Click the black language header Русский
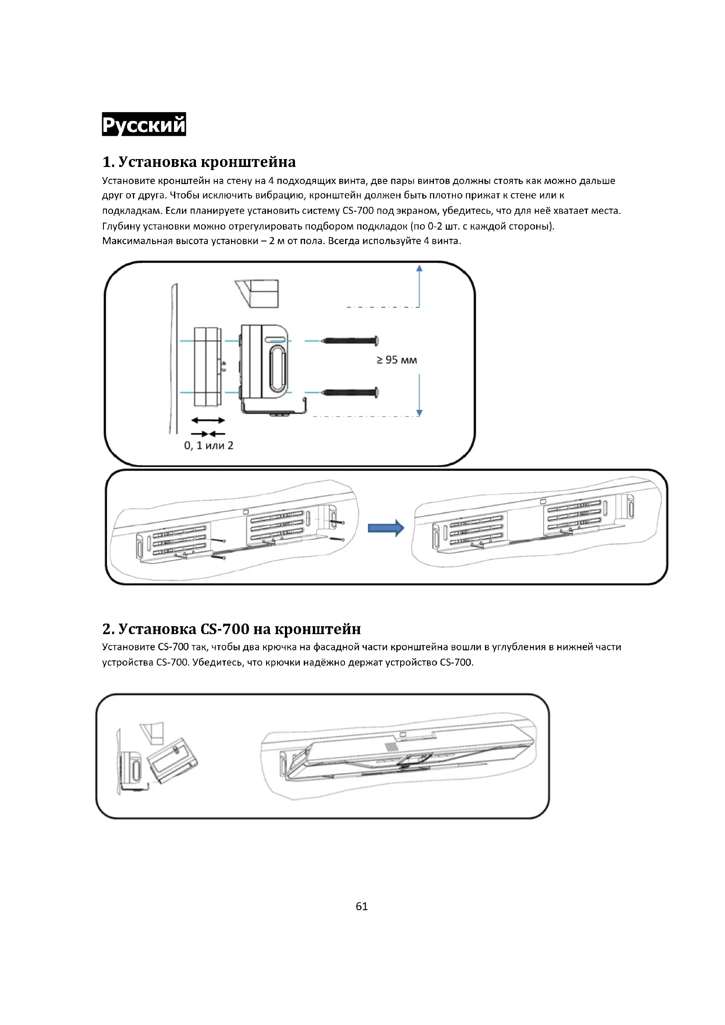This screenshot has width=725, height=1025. pyautogui.click(x=144, y=124)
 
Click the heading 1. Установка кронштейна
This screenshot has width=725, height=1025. pyautogui.click(x=199, y=162)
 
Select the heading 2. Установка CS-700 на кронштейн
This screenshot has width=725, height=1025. pyautogui.click(x=231, y=628)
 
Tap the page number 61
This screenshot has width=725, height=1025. pyautogui.click(x=362, y=906)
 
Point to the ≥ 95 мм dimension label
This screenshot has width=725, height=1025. pyautogui.click(x=396, y=360)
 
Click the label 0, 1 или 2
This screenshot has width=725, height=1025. pyautogui.click(x=209, y=445)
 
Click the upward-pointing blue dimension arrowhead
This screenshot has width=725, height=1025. pyautogui.click(x=419, y=268)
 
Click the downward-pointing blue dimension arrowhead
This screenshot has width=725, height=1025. pyautogui.click(x=419, y=412)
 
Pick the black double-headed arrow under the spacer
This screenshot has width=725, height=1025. pyautogui.click(x=208, y=420)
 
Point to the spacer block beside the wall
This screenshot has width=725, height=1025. pyautogui.click(x=207, y=367)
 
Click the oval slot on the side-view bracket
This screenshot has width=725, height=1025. pyautogui.click(x=277, y=367)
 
